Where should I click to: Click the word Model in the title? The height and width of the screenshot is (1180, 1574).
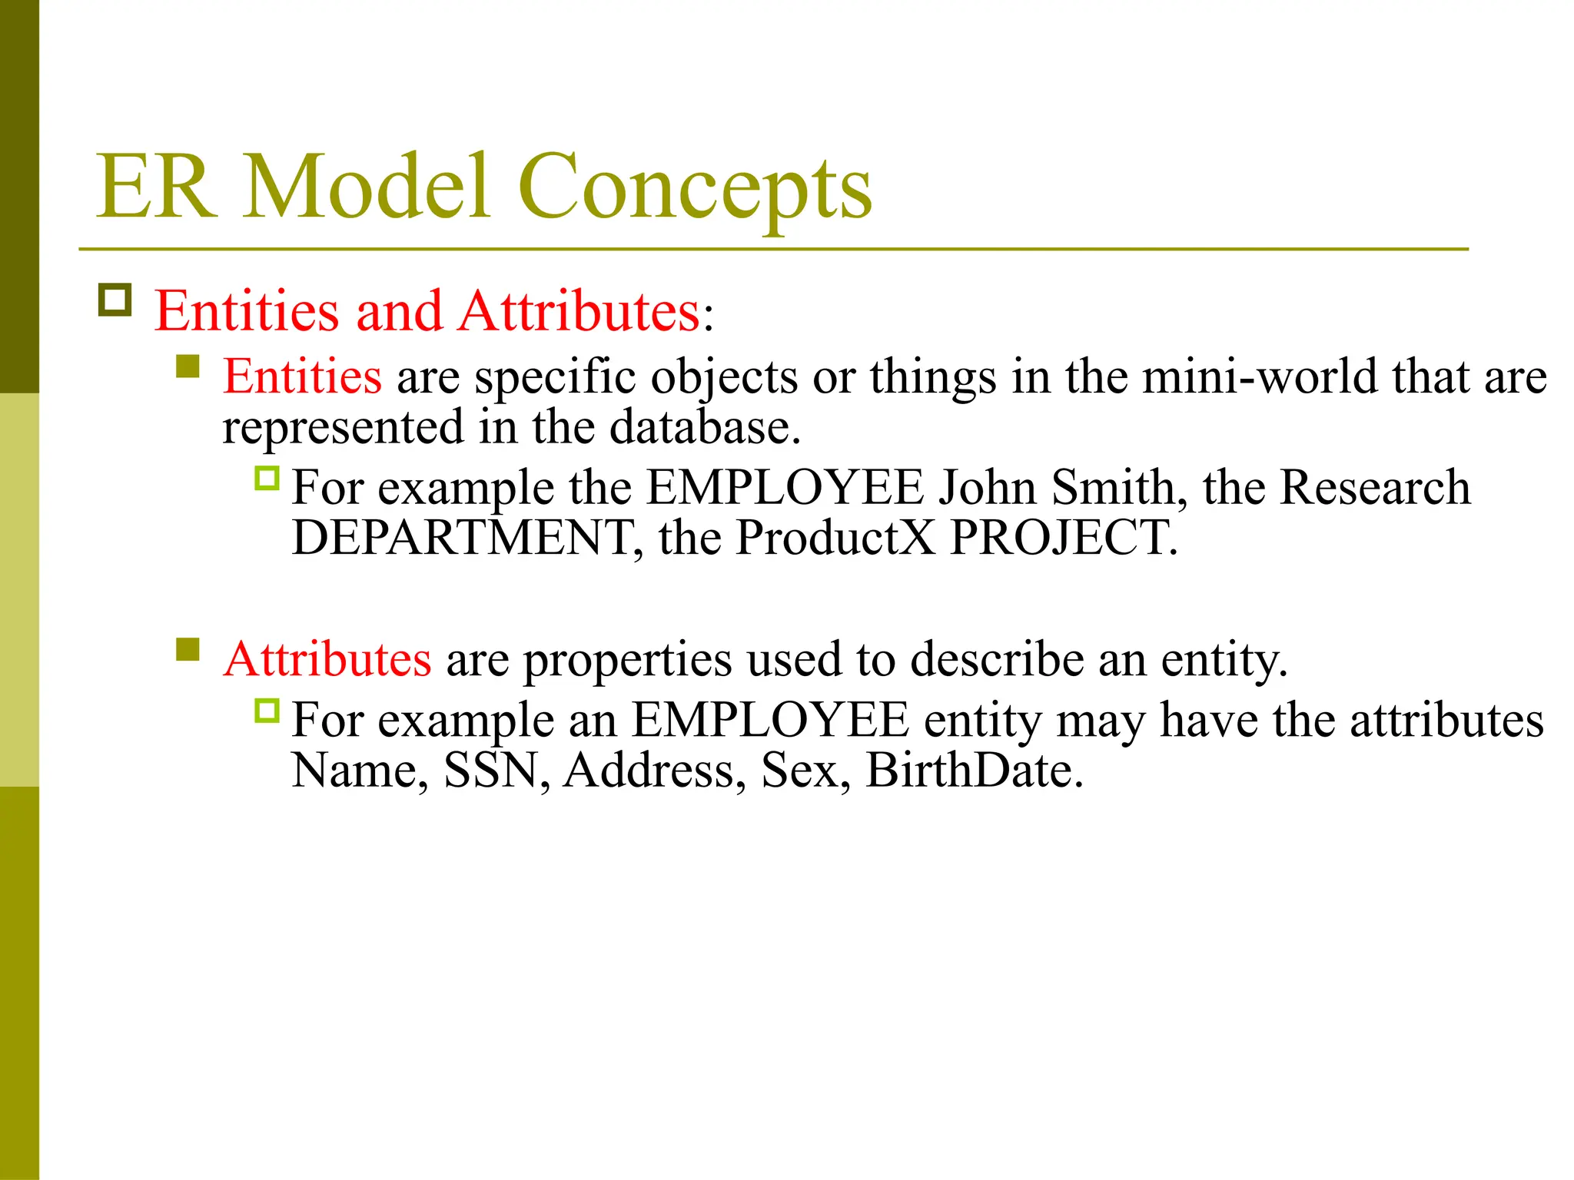tap(367, 187)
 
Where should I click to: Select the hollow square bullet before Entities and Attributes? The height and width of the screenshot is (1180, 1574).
tap(115, 300)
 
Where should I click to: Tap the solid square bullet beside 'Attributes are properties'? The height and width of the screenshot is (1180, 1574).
tap(188, 649)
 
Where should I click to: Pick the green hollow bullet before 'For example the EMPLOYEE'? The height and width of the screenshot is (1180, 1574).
tap(267, 479)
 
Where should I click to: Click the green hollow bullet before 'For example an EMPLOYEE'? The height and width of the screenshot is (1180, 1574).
tap(267, 711)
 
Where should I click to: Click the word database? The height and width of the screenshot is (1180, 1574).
tap(705, 427)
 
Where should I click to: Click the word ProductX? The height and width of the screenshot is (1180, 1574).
tap(835, 537)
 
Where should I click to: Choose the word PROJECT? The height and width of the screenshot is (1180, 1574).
tap(1063, 537)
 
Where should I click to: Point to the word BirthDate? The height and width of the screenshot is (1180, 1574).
tap(974, 770)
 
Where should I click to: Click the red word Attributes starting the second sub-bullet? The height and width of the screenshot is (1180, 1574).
tap(327, 659)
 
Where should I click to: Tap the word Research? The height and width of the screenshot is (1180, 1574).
tap(1375, 487)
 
